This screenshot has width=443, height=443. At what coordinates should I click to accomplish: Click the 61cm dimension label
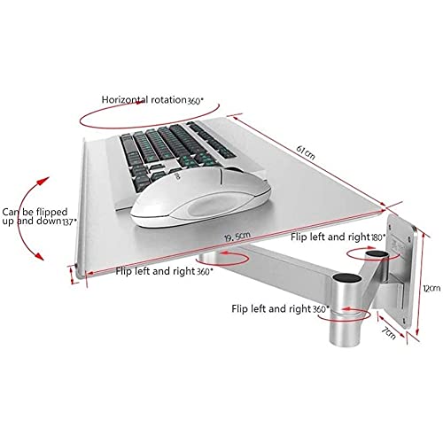click(x=306, y=152)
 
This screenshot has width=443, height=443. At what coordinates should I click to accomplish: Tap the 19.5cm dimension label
click(x=237, y=237)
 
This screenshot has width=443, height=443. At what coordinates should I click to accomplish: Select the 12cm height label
click(x=431, y=288)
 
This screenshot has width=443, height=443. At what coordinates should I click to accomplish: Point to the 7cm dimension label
click(x=388, y=333)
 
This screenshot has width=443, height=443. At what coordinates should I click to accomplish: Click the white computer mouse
click(x=201, y=198)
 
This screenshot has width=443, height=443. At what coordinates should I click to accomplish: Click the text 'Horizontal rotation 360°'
click(x=152, y=100)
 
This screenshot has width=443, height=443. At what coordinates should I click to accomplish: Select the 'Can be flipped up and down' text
click(x=35, y=216)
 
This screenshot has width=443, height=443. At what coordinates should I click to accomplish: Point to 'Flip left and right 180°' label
click(x=338, y=237)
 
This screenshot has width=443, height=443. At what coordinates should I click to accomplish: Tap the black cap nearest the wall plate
click(x=377, y=254)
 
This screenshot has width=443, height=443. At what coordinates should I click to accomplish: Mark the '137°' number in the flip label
click(x=69, y=221)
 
